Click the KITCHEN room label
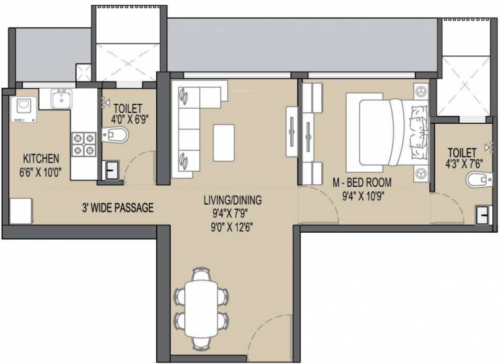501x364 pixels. coord(39,158)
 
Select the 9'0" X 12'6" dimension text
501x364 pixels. coord(231,227)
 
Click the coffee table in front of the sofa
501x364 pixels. coord(224,143)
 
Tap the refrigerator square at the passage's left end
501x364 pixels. coord(20,211)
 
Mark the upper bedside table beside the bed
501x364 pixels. coord(421,91)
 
